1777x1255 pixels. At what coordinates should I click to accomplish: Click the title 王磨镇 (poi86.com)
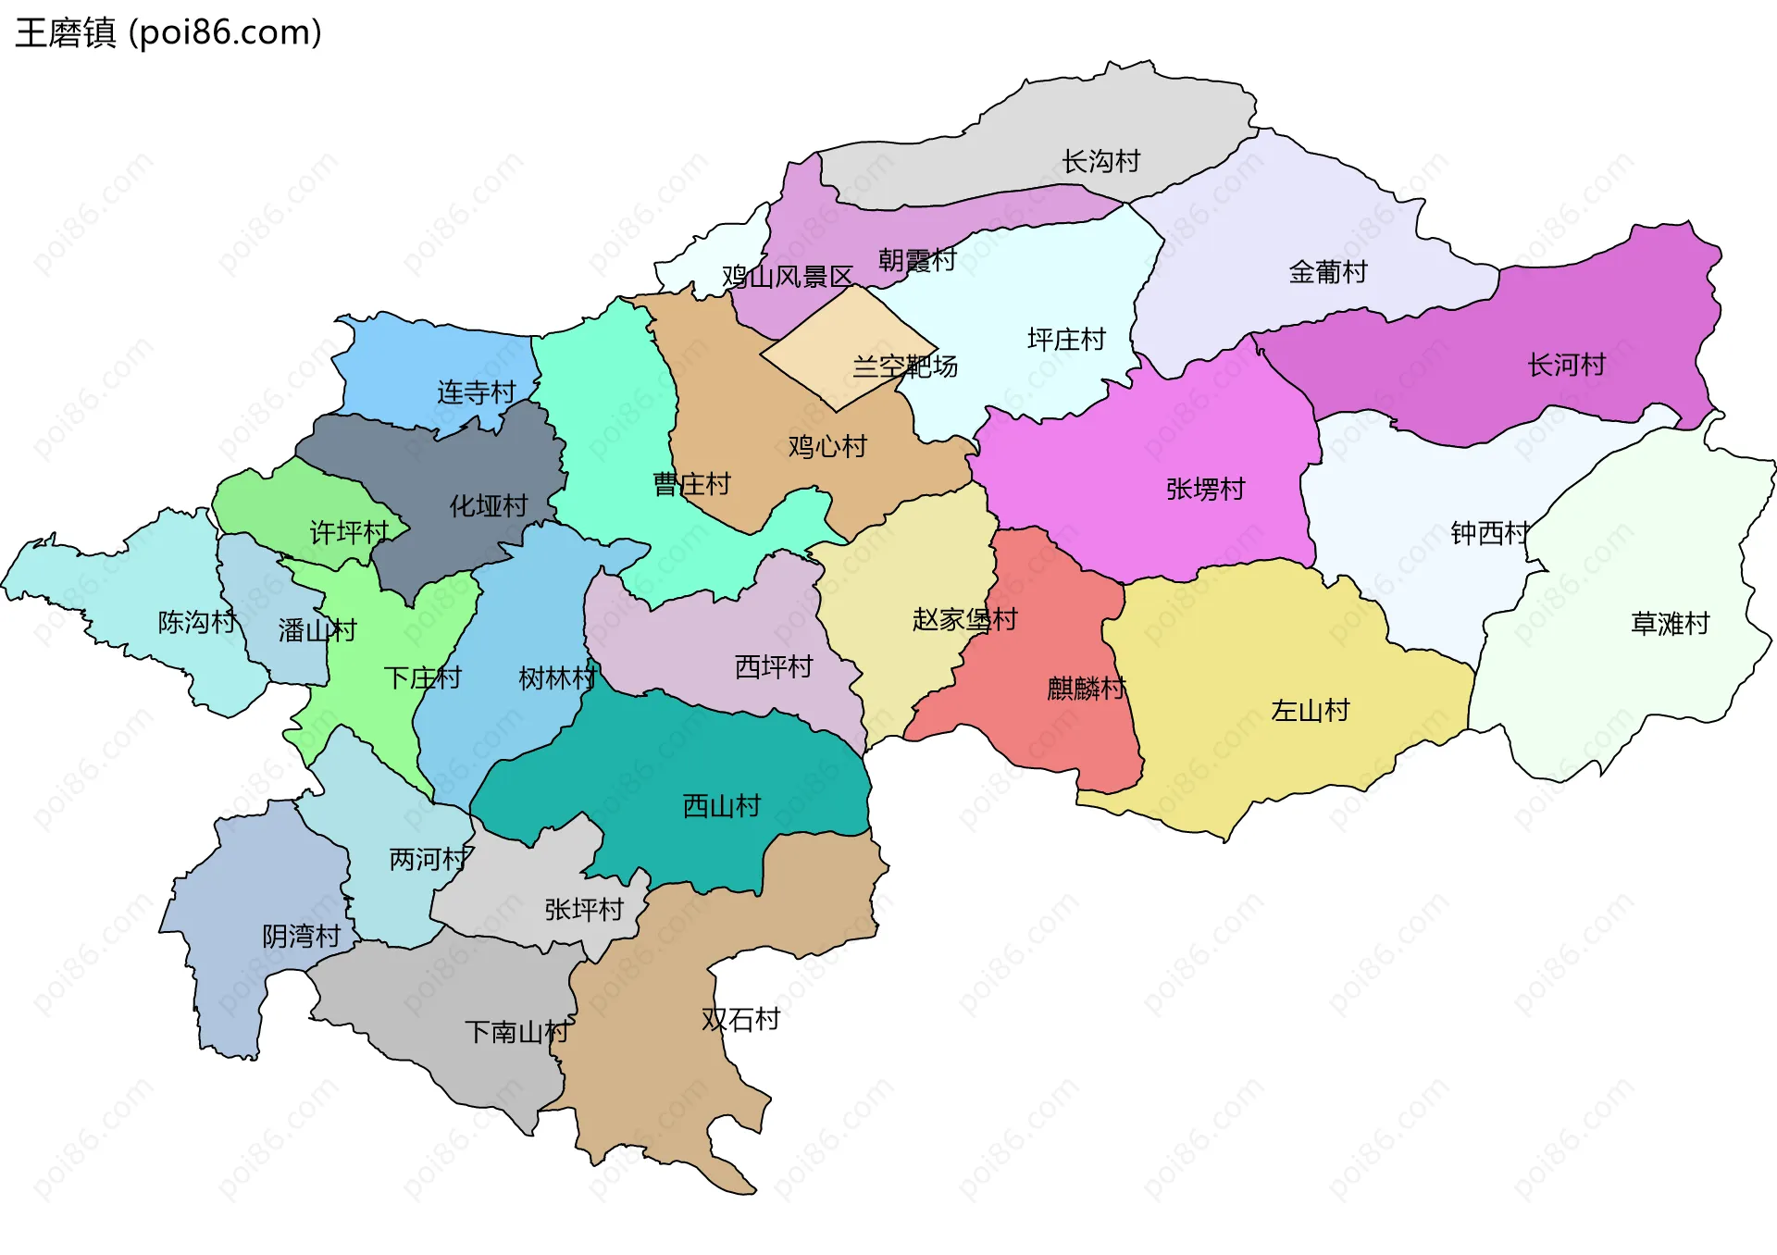click(x=168, y=33)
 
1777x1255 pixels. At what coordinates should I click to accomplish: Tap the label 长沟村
click(x=1100, y=162)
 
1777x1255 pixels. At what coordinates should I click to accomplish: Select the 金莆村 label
click(x=1327, y=272)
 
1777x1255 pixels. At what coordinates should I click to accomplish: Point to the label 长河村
click(x=1566, y=365)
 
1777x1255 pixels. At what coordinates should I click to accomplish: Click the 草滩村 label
click(x=1670, y=624)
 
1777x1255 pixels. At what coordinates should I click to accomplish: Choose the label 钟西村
click(x=1489, y=534)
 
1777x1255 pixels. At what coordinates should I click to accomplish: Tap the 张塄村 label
click(x=1205, y=489)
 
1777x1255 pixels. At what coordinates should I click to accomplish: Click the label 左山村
click(x=1310, y=711)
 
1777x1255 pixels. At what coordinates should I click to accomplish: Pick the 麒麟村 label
click(x=1086, y=689)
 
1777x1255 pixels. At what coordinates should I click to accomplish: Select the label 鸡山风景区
click(x=787, y=277)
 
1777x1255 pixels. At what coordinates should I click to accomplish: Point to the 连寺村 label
click(x=476, y=392)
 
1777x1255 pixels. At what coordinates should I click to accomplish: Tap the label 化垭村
click(x=488, y=506)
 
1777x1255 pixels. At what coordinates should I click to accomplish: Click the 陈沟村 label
click(x=196, y=622)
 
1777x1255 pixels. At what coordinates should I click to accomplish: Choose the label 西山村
click(x=721, y=806)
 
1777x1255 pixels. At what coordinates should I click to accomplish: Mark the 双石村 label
click(x=740, y=1019)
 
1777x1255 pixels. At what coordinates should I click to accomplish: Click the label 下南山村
click(x=516, y=1032)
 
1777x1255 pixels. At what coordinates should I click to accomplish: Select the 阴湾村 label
click(x=301, y=937)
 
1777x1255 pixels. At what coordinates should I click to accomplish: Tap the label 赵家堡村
click(x=964, y=619)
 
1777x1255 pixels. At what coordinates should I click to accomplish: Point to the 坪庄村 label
click(x=1066, y=340)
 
